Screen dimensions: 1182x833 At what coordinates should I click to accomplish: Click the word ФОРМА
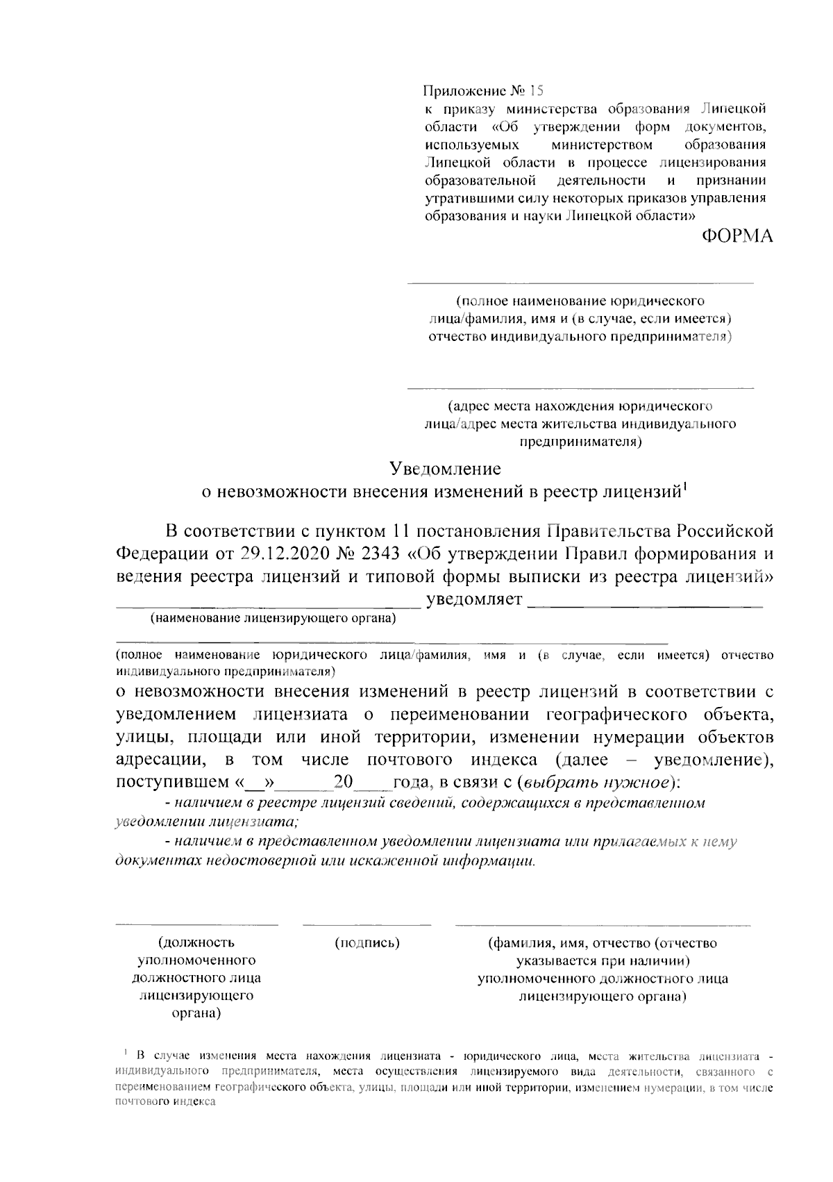[x=736, y=237]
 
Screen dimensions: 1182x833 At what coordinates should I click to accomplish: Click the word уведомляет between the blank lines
[x=474, y=599]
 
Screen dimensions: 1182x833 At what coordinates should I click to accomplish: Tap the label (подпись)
[x=367, y=942]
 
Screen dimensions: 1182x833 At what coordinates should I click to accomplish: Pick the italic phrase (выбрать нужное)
[x=596, y=783]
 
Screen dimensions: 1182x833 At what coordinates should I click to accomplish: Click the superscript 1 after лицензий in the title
[x=684, y=485]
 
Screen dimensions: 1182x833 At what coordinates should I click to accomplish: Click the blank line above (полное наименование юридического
[x=580, y=283]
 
